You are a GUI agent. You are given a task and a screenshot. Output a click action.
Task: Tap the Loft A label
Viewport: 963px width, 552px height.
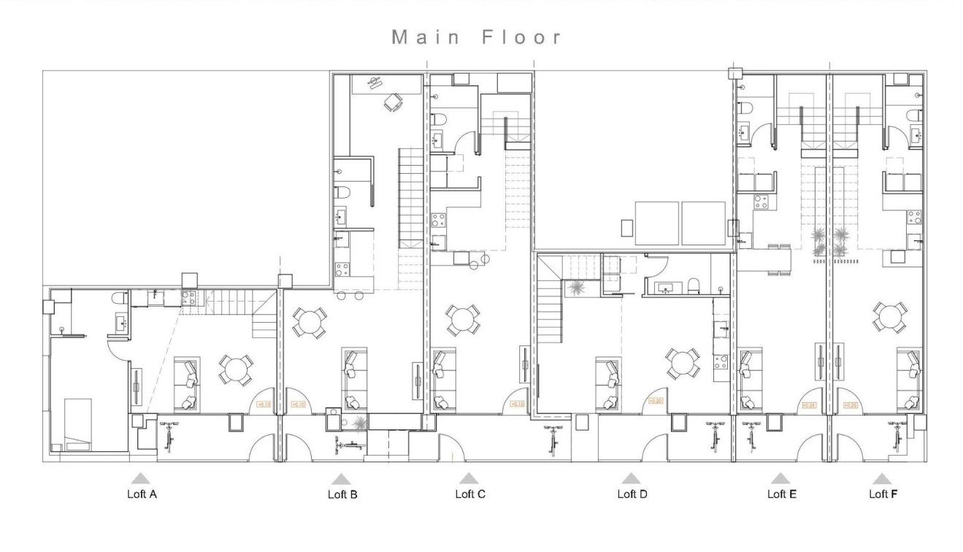coord(142,494)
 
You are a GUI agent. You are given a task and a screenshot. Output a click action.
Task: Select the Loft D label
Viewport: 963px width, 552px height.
coord(632,494)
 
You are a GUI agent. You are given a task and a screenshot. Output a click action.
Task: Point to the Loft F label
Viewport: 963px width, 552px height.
coord(883,494)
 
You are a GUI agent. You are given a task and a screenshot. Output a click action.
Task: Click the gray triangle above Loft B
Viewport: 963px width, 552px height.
coord(341,479)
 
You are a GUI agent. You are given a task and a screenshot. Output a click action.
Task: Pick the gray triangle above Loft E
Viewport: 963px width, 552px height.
coord(780,479)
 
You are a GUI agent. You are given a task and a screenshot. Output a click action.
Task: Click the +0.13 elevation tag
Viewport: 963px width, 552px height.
coord(264,404)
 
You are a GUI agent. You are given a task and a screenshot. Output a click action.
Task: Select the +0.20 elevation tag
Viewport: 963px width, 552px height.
coord(656,401)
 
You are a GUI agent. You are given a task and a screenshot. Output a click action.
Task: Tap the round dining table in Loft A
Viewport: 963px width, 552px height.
coord(236,370)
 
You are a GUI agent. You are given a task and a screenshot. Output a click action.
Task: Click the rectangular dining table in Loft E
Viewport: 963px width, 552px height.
coord(778,259)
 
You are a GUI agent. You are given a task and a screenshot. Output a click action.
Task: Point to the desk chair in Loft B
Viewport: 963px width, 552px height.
coord(394,104)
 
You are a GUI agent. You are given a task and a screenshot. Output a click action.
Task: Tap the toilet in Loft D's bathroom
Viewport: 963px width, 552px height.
coord(695,285)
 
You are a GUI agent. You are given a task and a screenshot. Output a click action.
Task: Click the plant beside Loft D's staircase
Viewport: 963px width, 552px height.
coord(577,288)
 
